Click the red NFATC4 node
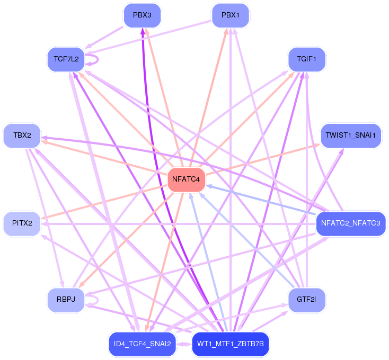click(x=186, y=179)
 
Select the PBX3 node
click(x=142, y=15)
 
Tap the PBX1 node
click(x=230, y=15)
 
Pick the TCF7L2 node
click(x=66, y=59)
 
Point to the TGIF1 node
click(x=306, y=59)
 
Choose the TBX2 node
click(x=22, y=136)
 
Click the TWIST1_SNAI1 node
click(x=350, y=136)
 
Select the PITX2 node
click(x=22, y=223)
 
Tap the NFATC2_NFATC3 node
click(x=350, y=223)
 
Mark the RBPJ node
click(x=66, y=300)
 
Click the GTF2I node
click(x=306, y=300)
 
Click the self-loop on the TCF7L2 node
click(x=94, y=59)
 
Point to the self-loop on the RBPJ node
click(x=94, y=300)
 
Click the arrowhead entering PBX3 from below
click(x=142, y=31)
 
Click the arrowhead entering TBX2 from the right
click(x=45, y=138)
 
